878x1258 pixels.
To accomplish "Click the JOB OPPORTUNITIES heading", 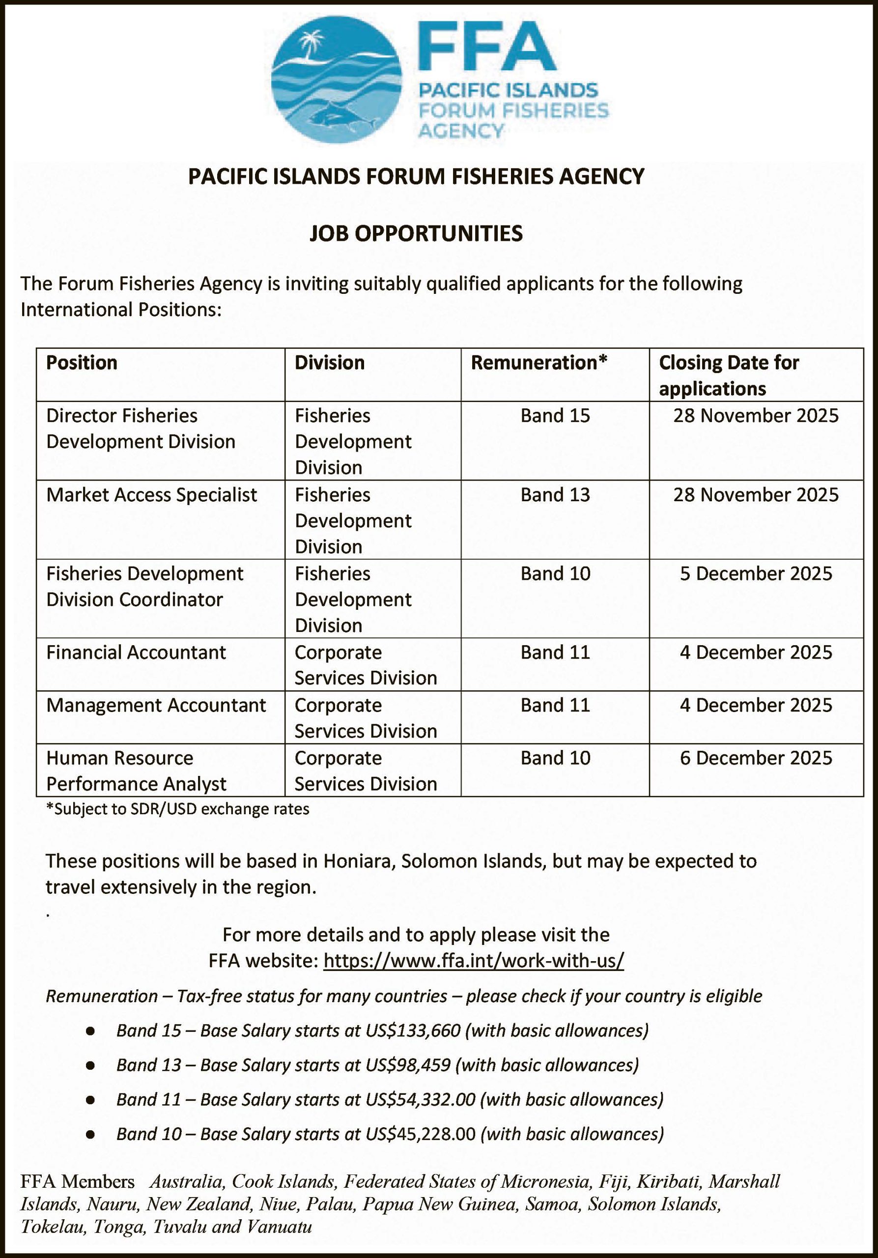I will [x=416, y=233].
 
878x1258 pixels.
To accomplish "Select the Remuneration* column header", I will [x=539, y=363].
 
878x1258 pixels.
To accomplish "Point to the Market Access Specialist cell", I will [x=152, y=495].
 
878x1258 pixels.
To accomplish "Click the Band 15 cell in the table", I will [x=555, y=416].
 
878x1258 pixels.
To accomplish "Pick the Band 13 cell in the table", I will [x=555, y=495].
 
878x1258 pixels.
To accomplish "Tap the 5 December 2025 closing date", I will [x=756, y=573].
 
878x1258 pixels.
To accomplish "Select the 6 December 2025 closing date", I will [x=756, y=758].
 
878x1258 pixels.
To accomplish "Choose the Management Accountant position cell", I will [x=156, y=705].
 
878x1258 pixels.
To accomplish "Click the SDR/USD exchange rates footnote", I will [x=177, y=809].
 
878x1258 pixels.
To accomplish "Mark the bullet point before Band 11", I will [x=90, y=1100].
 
